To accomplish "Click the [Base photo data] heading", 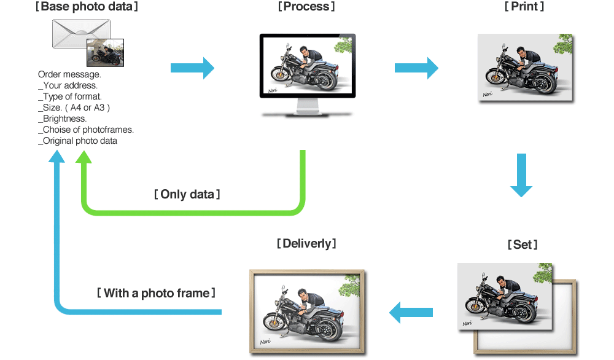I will [x=86, y=7].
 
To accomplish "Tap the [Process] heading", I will [x=306, y=7].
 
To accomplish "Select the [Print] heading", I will [x=524, y=7].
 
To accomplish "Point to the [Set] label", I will [x=523, y=245].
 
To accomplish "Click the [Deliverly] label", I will [x=306, y=243].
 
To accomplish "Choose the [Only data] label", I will [x=187, y=194].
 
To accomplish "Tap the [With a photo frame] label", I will [x=156, y=293].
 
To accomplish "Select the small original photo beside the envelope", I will [x=106, y=53].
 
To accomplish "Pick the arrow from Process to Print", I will [x=417, y=68].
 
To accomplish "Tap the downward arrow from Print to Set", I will [x=521, y=175].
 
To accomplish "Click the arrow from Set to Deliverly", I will [x=411, y=311].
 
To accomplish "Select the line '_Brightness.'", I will [x=63, y=119].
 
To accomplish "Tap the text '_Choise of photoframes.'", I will [x=86, y=130].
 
